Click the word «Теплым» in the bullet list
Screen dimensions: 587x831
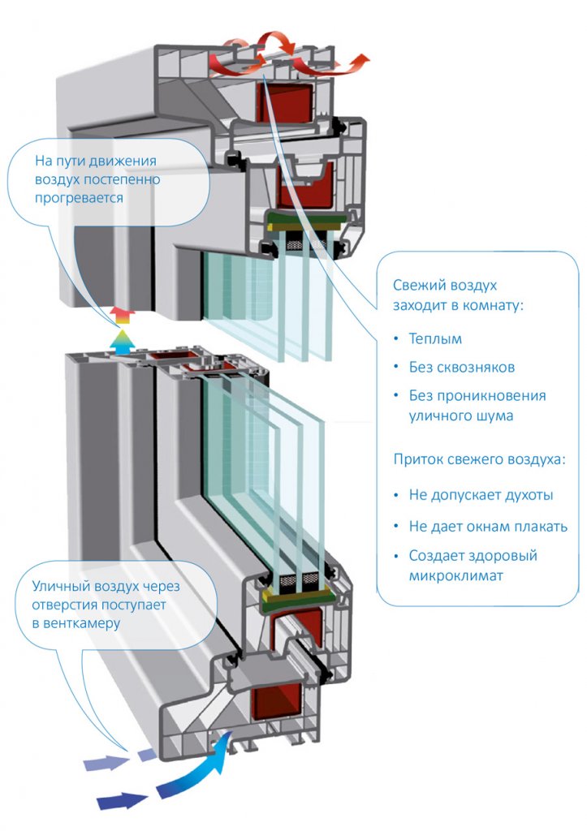(x=435, y=338)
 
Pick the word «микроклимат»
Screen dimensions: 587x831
(x=455, y=576)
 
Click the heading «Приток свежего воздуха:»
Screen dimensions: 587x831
(x=479, y=459)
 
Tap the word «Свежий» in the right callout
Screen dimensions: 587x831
(x=417, y=285)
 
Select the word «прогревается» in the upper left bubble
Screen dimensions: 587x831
(x=79, y=199)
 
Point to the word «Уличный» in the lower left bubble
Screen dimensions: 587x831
(x=60, y=587)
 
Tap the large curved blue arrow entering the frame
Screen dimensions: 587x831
(x=193, y=769)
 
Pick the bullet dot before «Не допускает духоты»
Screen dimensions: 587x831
(x=396, y=496)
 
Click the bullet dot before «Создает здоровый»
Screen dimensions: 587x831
(x=396, y=557)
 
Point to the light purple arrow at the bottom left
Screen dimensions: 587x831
(x=107, y=763)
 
